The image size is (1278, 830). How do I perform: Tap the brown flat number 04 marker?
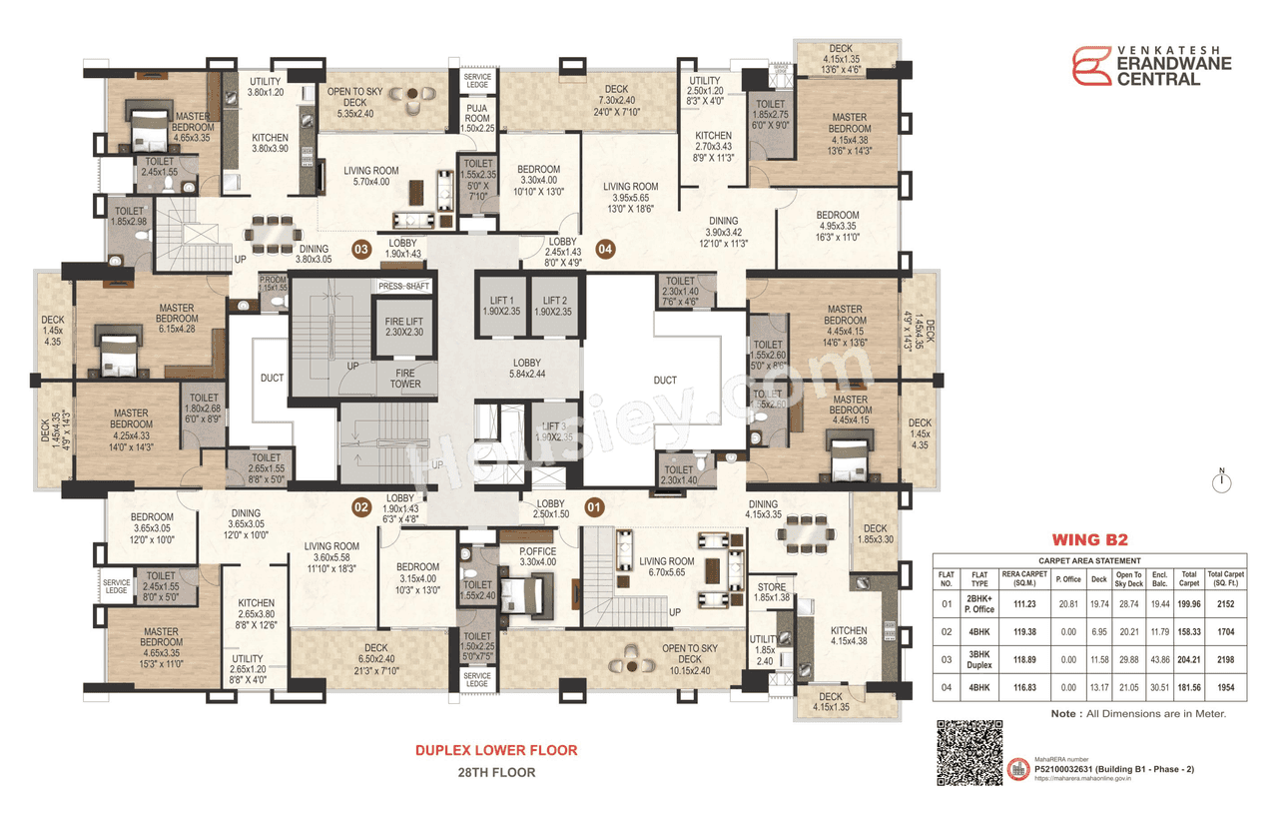(x=604, y=248)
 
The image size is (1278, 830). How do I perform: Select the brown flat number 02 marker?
(x=360, y=507)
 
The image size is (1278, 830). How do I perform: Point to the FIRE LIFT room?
(x=404, y=326)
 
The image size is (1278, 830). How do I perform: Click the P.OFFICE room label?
(x=537, y=555)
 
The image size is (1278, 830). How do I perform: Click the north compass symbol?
(x=1220, y=483)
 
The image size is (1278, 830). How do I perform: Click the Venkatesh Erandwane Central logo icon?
(x=1091, y=66)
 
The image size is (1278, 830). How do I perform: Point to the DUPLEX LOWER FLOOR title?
(x=496, y=750)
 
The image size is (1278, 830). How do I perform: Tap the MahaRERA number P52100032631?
(x=1099, y=769)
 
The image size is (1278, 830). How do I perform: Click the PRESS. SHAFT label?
(x=403, y=287)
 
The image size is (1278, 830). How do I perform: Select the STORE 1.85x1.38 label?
(x=770, y=592)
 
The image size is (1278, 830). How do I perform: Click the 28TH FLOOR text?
(x=496, y=772)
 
